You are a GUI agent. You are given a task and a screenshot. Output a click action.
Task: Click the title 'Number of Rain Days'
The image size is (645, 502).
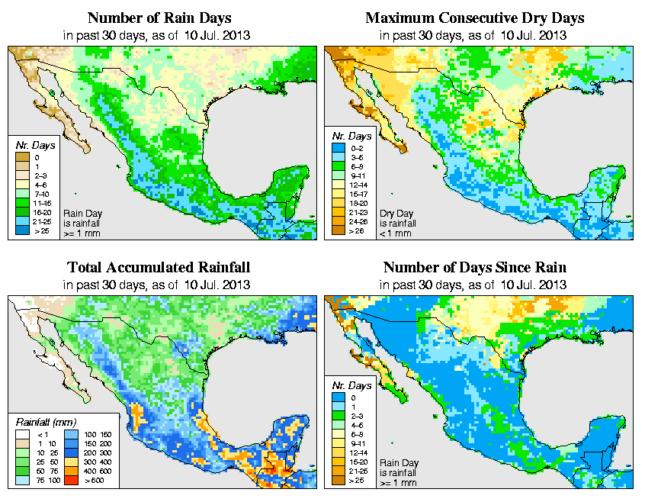click(159, 18)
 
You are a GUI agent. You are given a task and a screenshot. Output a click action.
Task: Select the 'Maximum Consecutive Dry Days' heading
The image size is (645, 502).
click(475, 18)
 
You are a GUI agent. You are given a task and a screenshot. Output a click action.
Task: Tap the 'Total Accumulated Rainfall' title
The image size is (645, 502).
click(159, 268)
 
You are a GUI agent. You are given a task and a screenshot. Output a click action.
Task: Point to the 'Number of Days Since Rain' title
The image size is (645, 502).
click(475, 268)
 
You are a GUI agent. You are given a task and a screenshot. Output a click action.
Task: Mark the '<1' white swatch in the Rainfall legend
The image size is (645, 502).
click(24, 435)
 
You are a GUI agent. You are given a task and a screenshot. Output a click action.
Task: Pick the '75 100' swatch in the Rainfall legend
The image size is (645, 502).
click(24, 481)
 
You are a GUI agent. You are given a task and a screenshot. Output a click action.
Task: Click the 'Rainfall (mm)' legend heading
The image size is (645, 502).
click(43, 421)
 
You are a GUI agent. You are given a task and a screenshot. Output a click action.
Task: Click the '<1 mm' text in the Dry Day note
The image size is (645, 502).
click(396, 233)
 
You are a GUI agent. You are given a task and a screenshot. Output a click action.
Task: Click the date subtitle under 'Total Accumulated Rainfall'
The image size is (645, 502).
click(159, 285)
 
